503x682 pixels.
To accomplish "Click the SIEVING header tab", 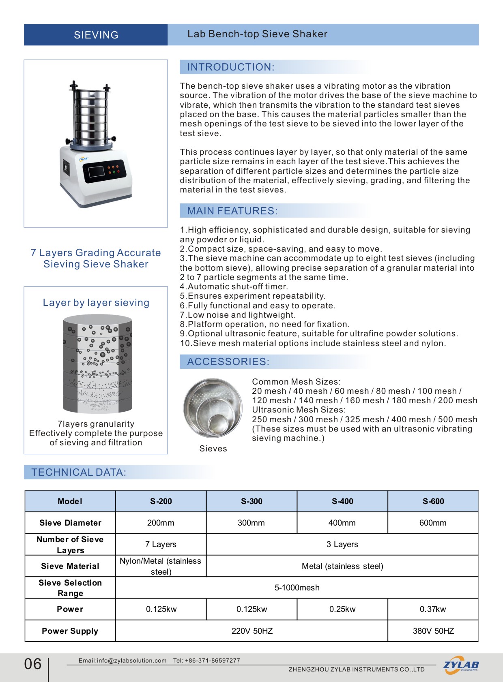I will click(96, 35).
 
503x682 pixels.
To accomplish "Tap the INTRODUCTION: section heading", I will click(230, 67).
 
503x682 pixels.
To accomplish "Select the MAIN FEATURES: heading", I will click(232, 211).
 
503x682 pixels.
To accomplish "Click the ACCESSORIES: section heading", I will click(228, 361).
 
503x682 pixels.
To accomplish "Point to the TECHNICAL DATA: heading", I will click(79, 472).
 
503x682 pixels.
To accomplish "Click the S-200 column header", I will click(161, 501).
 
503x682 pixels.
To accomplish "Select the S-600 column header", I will click(433, 501).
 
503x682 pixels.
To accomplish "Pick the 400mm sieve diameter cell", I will click(342, 523).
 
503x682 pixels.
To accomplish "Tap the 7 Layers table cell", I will click(161, 544).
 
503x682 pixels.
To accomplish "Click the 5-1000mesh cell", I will click(297, 588).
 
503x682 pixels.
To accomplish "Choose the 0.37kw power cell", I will click(433, 609).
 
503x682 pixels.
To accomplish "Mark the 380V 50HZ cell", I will click(433, 631).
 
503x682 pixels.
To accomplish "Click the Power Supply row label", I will click(70, 631).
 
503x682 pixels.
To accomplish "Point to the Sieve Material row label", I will click(70, 566).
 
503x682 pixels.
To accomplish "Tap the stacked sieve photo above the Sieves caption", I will click(213, 408).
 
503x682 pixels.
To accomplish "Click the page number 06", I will click(33, 664).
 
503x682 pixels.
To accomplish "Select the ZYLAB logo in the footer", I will click(461, 665).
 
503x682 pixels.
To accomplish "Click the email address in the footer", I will click(123, 661).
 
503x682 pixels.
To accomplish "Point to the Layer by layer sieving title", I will click(96, 303).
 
